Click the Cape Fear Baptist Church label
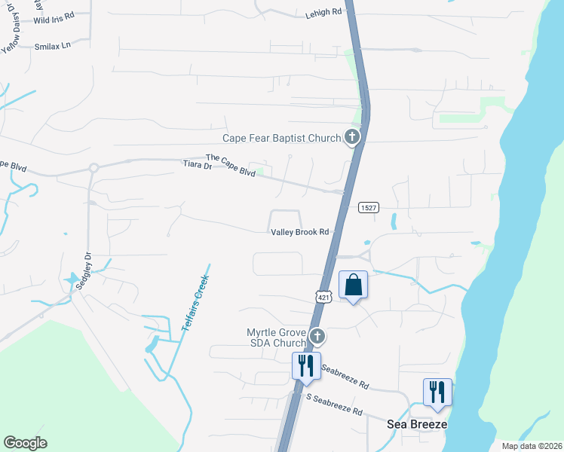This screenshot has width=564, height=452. [x=281, y=138]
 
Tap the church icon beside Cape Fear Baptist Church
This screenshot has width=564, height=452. [x=351, y=136]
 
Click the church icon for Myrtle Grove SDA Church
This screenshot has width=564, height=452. [x=318, y=336]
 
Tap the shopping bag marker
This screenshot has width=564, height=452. [x=353, y=286]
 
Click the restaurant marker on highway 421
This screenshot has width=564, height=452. [x=306, y=366]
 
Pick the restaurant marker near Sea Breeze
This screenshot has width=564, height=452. [x=437, y=392]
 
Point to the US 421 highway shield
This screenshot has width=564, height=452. [x=323, y=298]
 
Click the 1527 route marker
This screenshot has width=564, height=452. [x=368, y=208]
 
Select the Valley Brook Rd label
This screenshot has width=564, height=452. [x=300, y=233]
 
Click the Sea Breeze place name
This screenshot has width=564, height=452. [x=417, y=424]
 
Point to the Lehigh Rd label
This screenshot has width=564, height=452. [x=323, y=13]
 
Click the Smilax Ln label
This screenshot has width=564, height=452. [x=52, y=46]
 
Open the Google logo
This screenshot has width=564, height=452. [x=25, y=443]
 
